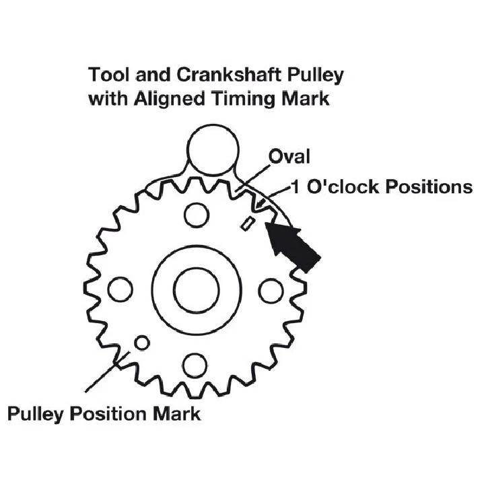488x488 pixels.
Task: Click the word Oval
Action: (x=289, y=157)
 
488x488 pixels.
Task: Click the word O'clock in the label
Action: (x=344, y=187)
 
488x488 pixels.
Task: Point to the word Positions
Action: (x=429, y=187)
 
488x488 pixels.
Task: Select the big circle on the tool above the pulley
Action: (x=213, y=150)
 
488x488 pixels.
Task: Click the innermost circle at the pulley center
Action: (x=197, y=290)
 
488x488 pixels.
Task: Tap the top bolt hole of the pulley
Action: (x=197, y=215)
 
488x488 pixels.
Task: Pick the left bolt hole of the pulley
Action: (x=120, y=289)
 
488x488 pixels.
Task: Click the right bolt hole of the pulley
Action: (x=271, y=291)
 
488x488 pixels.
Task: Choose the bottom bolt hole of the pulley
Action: (x=195, y=365)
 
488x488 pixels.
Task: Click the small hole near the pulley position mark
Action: (x=142, y=343)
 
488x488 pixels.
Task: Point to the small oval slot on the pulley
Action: (x=248, y=224)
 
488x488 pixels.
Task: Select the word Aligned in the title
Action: (x=170, y=100)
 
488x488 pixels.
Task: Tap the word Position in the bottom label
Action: (x=109, y=414)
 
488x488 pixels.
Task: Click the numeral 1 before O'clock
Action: (x=295, y=187)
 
